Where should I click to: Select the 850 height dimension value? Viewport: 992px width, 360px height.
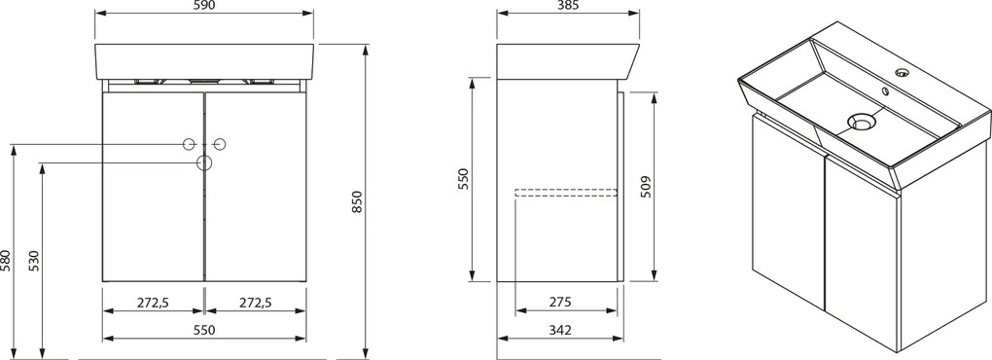point(357,202)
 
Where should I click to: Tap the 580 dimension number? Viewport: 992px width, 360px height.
point(7,260)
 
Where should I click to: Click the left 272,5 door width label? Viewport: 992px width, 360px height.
point(153,303)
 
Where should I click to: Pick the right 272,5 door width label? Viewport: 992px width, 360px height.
point(255,303)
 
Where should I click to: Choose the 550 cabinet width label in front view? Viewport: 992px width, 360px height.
point(203,330)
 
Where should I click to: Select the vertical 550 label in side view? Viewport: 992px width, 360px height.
point(464,179)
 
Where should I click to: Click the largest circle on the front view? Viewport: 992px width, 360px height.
point(204,162)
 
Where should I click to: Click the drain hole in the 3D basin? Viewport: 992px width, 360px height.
point(860,123)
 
